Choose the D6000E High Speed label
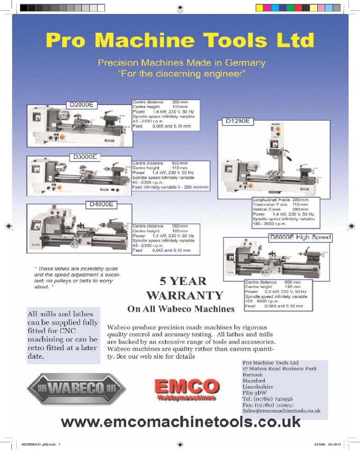click(x=300, y=237)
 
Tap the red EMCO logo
click(x=186, y=387)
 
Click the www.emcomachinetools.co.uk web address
click(x=180, y=422)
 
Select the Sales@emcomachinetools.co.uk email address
click(x=281, y=410)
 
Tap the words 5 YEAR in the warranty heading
click(x=183, y=281)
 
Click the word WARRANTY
click(x=185, y=295)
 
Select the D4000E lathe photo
click(x=79, y=227)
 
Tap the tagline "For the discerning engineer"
click(x=181, y=73)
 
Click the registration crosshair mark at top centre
click(x=180, y=7)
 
